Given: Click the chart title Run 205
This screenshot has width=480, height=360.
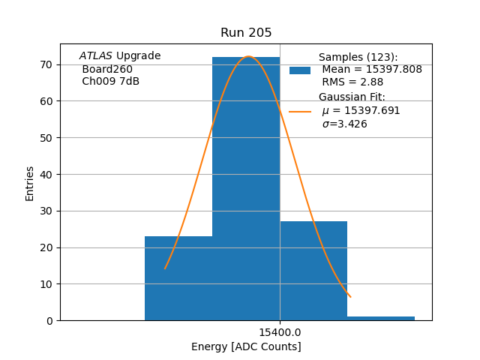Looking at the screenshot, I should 246,33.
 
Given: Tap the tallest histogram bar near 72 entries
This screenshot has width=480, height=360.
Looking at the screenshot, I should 246,187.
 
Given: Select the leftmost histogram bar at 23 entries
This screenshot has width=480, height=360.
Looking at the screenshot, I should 178,278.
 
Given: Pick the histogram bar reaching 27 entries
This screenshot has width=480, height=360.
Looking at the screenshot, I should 313,271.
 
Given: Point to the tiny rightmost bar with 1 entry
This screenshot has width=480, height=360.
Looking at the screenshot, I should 381,319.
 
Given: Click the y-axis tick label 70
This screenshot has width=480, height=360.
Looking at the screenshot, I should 46,64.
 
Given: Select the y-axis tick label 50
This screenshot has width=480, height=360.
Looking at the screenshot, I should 46,138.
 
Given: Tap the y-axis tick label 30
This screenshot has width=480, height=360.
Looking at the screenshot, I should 46,211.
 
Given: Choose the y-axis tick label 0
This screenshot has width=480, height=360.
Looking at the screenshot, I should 49,321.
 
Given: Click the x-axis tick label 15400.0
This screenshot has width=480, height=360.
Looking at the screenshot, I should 280,332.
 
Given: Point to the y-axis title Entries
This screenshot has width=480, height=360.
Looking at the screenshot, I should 30,183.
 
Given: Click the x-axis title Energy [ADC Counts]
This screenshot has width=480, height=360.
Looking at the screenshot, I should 246,346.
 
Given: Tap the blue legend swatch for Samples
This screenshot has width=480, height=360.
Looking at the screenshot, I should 300,70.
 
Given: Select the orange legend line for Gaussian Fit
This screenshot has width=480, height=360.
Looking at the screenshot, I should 300,111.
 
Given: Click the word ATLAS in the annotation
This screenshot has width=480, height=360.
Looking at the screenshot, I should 95,56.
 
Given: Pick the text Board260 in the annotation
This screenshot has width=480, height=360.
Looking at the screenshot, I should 107,69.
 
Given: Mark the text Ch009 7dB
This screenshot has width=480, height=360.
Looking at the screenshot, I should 110,82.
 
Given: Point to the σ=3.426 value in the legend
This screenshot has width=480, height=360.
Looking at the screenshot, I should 344,124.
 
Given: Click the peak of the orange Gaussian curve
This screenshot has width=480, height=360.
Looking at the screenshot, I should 248,57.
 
